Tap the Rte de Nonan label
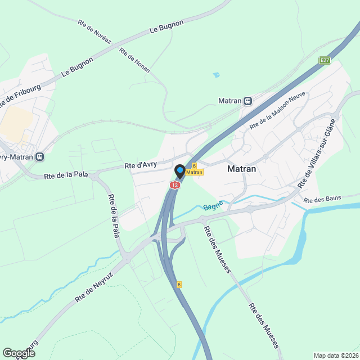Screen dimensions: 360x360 (134, 58)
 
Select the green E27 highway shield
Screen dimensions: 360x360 (325, 60)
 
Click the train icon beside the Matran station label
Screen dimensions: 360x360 (247, 101)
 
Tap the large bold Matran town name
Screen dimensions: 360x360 (242, 168)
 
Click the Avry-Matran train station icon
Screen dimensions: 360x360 (39, 156)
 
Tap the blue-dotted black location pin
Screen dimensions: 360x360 (180, 170)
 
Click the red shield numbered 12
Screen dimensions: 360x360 (175, 184)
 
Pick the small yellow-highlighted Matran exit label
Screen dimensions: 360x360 (194, 172)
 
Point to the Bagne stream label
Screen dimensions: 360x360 (213, 205)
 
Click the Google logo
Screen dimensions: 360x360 (18, 353)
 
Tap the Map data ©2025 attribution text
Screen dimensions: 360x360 (336, 355)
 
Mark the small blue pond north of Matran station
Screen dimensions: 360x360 (217, 74)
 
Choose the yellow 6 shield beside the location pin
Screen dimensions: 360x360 (194, 165)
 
